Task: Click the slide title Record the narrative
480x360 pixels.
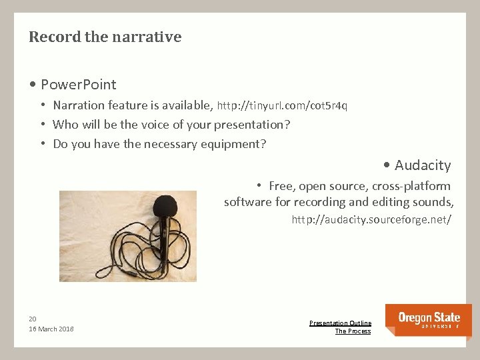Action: click(x=105, y=37)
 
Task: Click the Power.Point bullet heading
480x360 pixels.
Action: click(x=78, y=85)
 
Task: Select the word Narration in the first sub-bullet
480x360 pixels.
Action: click(x=79, y=105)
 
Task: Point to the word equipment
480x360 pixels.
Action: click(x=229, y=144)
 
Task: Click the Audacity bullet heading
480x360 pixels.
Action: click(x=422, y=165)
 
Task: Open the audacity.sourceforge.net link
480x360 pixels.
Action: click(x=371, y=219)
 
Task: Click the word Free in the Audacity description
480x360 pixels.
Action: click(x=281, y=186)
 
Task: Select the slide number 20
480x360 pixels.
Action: click(x=33, y=319)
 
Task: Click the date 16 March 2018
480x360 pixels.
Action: click(x=51, y=329)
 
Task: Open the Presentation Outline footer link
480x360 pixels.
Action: click(x=340, y=323)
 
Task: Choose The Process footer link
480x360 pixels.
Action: click(x=353, y=331)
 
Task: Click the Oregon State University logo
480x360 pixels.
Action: click(x=428, y=319)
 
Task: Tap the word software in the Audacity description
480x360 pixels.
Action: click(x=247, y=202)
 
